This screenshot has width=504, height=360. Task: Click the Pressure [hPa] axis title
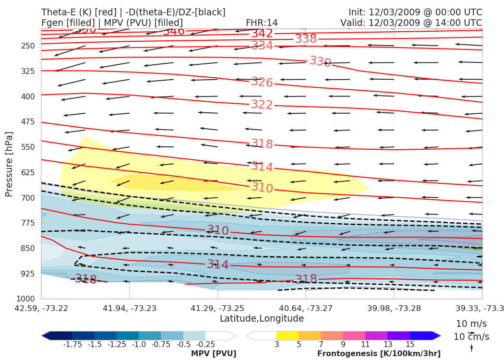pos(9,164)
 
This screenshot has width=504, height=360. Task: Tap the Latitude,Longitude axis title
pos(262,319)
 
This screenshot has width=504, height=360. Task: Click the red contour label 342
pos(262,34)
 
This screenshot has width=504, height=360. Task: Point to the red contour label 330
pos(320,61)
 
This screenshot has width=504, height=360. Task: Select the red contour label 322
pos(262,105)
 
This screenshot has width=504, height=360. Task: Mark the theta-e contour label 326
pos(262,83)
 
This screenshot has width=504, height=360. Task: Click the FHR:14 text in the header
pos(262,23)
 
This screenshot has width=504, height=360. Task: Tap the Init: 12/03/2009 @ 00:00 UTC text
pos(415,12)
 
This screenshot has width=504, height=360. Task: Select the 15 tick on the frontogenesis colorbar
pos(410,344)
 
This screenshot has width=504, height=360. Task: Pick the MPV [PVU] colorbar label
pos(214,354)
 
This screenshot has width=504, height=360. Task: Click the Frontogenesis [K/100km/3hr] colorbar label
pos(379,354)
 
